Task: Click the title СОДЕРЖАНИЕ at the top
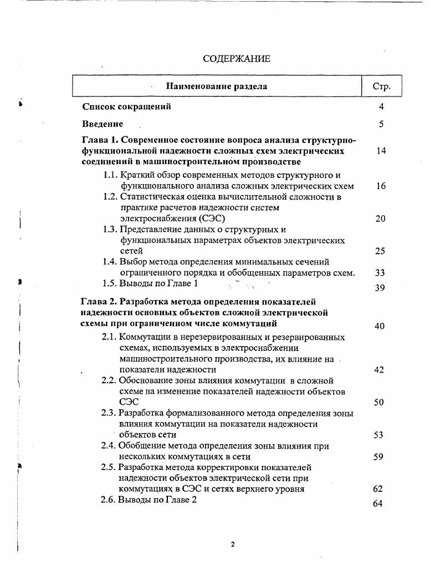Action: [x=236, y=58]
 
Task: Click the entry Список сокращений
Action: [x=126, y=106]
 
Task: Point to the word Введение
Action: [x=103, y=124]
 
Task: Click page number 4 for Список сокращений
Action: [x=381, y=107]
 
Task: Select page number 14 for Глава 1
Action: [x=381, y=151]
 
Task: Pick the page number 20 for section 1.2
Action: [x=380, y=219]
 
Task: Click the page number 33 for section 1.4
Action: [x=380, y=273]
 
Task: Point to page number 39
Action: [x=380, y=288]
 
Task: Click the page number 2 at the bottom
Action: [x=233, y=544]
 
